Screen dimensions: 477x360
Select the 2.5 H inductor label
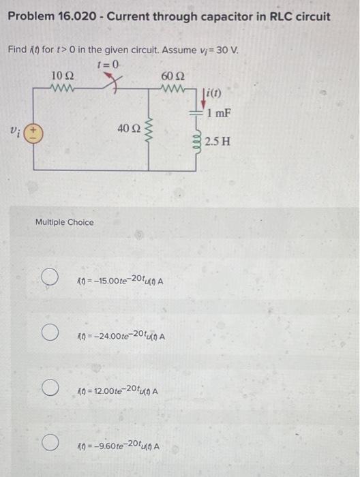[219, 142]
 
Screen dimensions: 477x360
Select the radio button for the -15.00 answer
[49, 277]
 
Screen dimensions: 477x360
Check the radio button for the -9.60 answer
[49, 445]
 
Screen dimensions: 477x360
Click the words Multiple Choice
[65, 222]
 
